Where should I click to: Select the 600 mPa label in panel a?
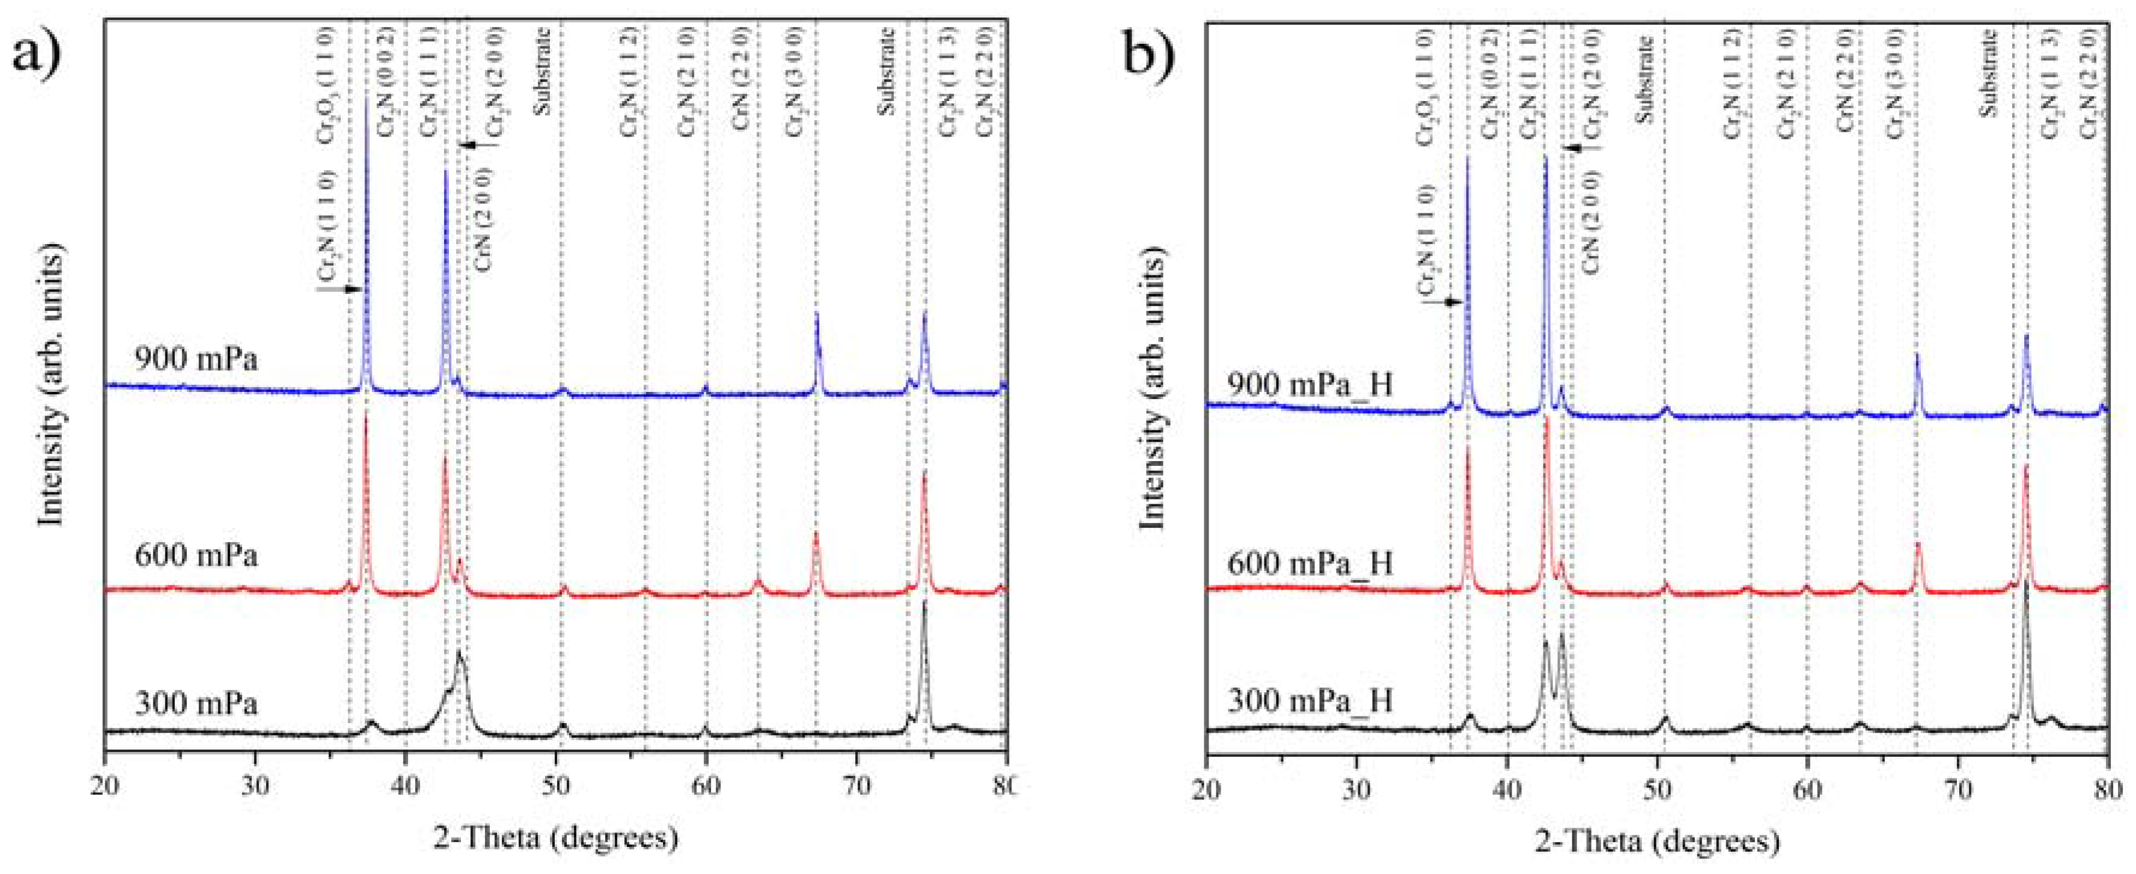(196, 555)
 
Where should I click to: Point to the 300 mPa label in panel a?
(196, 703)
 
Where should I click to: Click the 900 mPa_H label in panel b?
(1310, 384)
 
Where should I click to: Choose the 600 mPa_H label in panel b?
(1310, 564)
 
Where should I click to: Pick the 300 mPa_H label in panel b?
(1310, 701)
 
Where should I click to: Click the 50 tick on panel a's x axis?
(555, 784)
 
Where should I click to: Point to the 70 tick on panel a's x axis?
(856, 784)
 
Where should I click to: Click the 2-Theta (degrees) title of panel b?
(1657, 842)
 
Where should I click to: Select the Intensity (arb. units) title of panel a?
(52, 385)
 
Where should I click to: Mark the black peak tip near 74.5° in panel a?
(924, 625)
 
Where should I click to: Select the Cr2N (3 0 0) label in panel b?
(1895, 83)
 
